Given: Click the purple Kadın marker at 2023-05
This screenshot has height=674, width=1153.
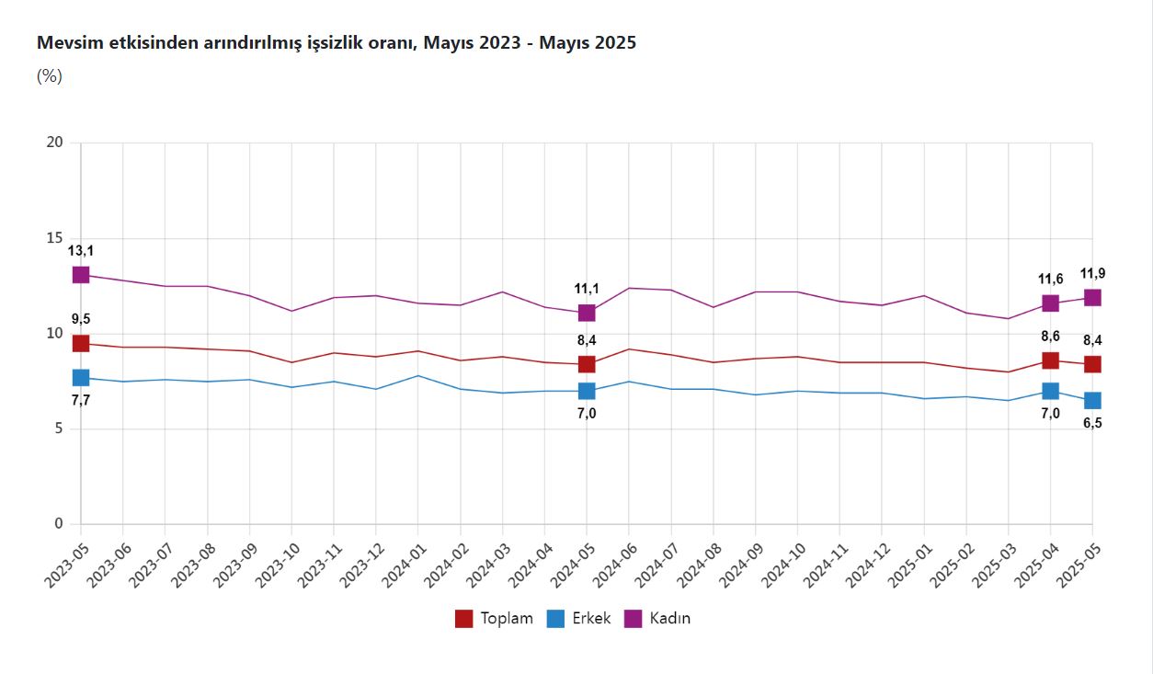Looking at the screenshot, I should pos(81,275).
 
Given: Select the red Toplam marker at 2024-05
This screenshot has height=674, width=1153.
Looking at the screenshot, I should pos(587,364).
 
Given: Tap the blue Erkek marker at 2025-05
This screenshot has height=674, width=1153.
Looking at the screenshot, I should pos(1092,400).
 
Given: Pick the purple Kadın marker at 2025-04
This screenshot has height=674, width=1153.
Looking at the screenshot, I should pos(1050,303).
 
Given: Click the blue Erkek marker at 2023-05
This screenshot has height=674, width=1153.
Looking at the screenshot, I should pos(81,377).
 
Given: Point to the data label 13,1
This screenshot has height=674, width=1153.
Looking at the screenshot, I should pos(81,250).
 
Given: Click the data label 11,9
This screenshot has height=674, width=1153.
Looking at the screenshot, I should pos(1092,273).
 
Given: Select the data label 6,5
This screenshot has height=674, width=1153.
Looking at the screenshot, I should pos(1092,424).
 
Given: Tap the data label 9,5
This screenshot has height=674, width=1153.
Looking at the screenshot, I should pos(81,319).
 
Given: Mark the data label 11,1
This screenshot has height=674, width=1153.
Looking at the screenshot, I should pos(587,289).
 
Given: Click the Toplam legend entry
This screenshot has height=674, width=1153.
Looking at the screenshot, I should pos(495,619).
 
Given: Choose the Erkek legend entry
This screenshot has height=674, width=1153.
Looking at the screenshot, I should pos(579,619).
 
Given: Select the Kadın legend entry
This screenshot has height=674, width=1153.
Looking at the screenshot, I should pos(657,619).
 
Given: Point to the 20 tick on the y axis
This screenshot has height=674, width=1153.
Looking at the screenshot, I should pos(54,143).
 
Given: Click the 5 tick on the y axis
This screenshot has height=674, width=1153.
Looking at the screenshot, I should pos(58,429).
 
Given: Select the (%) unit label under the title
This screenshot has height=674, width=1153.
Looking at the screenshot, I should pos(49,76).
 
